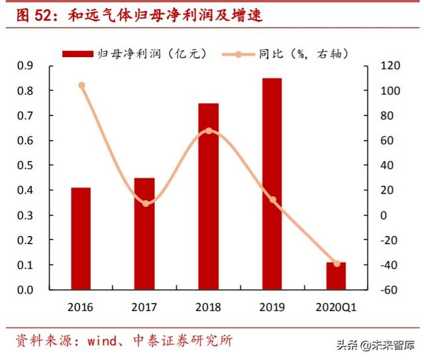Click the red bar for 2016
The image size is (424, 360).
[x=81, y=239]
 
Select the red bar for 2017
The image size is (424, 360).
[x=144, y=233]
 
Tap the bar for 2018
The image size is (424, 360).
[x=208, y=196]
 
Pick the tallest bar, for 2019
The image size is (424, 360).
[x=272, y=184]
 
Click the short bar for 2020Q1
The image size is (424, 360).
[x=336, y=276]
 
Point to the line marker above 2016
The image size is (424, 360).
[x=81, y=86]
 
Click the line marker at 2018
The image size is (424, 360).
[x=209, y=131]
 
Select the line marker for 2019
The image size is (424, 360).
[x=272, y=200]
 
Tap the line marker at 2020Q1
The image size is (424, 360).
[x=337, y=264]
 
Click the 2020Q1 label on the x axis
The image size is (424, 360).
[x=336, y=308]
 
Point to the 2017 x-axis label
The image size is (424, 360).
[x=144, y=308]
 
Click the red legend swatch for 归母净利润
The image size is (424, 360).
[x=78, y=54]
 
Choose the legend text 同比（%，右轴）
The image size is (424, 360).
[x=305, y=54]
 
